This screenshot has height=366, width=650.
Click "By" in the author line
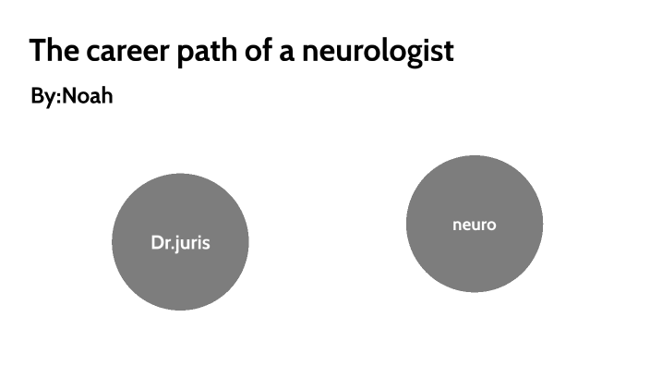tap(42, 97)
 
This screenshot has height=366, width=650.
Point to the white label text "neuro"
tap(474, 225)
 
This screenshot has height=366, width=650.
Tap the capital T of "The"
tap(37, 51)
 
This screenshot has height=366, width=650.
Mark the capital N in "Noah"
tap(69, 96)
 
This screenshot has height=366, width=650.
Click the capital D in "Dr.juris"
tap(156, 243)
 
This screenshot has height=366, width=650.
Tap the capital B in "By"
tap(36, 96)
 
